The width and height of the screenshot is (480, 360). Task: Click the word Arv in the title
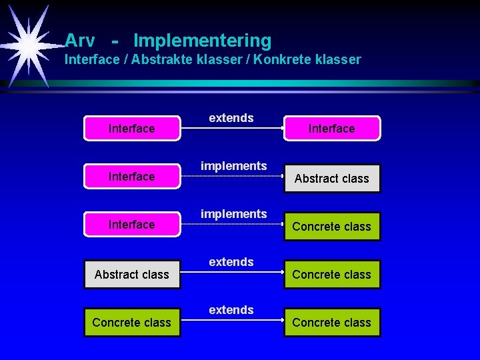80,41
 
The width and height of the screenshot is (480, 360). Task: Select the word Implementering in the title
202,41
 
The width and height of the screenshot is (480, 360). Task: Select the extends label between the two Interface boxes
231,118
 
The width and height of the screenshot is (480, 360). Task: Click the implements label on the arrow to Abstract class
233,166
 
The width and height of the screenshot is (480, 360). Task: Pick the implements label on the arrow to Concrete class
233,214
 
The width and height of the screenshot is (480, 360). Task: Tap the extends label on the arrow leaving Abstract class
231,262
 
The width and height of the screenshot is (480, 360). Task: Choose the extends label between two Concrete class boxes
231,310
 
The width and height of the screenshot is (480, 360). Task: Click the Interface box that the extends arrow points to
331,129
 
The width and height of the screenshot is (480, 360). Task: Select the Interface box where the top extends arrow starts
131,129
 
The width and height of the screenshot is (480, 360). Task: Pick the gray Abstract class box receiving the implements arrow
331,178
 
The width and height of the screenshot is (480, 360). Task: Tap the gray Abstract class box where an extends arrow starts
131,274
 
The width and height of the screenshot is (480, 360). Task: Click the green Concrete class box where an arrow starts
131,322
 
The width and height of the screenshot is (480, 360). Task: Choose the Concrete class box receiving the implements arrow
331,226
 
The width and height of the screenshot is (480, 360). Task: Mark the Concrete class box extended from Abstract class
331,274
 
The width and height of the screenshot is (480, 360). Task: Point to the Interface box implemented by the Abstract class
131,177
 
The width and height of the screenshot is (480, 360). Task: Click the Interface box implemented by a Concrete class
131,225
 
